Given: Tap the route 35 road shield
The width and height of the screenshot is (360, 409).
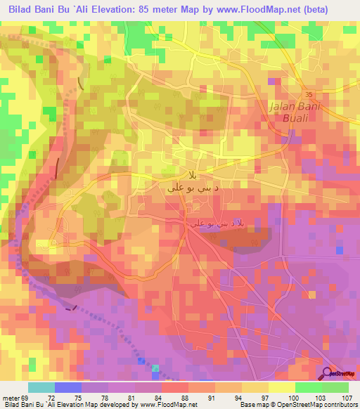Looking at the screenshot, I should point(308,93).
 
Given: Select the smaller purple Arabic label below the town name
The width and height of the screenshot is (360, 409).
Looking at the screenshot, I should point(219,222).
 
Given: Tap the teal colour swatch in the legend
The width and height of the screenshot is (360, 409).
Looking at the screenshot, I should point(41,387).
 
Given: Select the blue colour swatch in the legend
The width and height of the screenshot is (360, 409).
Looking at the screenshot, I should point(67,387).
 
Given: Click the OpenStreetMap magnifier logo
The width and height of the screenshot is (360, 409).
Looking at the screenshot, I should point(328,372).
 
